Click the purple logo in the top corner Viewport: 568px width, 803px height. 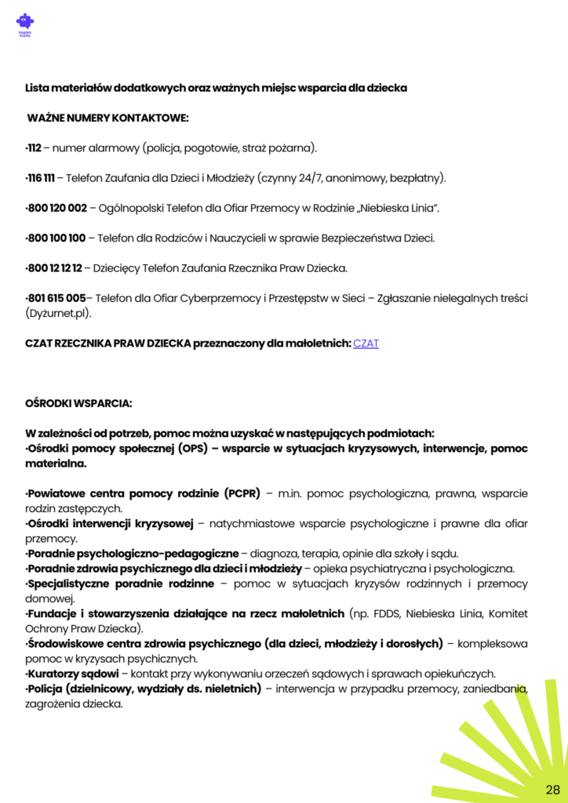coord(25,23)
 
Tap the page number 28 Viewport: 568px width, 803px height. coord(552,788)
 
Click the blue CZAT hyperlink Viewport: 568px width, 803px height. coord(366,343)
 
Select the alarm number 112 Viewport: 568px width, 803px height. coord(34,147)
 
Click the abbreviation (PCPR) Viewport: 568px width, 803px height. coord(242,494)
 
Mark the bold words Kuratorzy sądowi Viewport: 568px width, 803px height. coord(73,673)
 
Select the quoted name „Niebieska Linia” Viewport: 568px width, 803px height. coord(397,208)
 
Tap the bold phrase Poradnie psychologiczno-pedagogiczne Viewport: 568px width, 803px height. coord(133,553)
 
